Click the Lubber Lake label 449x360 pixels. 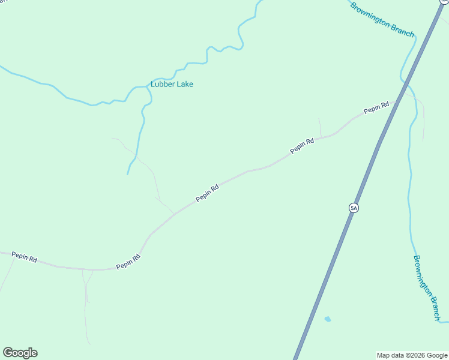tap(172, 85)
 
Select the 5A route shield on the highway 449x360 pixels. tap(354, 208)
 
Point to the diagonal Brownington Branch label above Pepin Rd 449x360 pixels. tap(382, 19)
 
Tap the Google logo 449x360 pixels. tap(20, 353)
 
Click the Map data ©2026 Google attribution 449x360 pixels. tap(412, 355)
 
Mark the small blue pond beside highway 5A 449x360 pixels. tap(327, 319)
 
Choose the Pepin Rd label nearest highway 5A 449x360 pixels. tap(376, 108)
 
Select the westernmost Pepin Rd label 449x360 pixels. tap(25, 258)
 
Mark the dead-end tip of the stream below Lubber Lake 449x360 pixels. tap(128, 174)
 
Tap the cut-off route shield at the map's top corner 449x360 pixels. tap(445, 2)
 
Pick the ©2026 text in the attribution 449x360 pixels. tap(414, 355)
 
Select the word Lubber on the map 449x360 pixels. tap(161, 85)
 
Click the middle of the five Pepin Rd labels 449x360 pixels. tap(206, 193)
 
